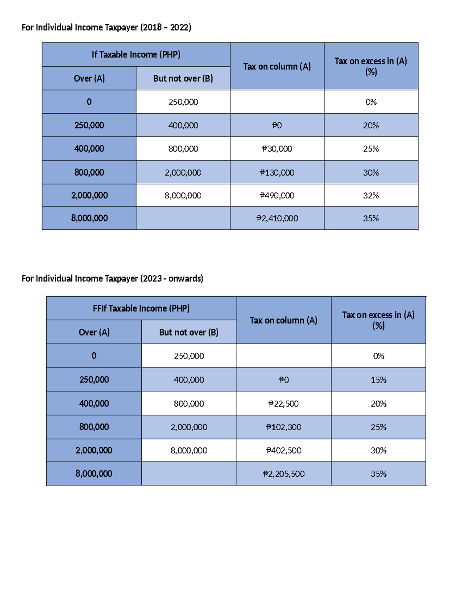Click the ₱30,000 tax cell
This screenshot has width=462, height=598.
click(x=277, y=149)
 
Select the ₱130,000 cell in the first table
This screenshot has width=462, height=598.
click(x=277, y=173)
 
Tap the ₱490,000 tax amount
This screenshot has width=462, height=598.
click(x=277, y=196)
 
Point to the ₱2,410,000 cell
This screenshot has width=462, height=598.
click(x=277, y=218)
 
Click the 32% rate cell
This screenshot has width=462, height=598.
click(x=371, y=196)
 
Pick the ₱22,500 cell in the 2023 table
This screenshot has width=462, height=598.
click(x=283, y=404)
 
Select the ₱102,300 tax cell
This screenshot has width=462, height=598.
click(x=283, y=427)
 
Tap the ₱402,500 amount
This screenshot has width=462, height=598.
click(x=283, y=451)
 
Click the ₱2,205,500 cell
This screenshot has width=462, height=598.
click(x=283, y=474)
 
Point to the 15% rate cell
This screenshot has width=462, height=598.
click(x=378, y=380)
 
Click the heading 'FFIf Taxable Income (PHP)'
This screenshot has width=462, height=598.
click(x=141, y=308)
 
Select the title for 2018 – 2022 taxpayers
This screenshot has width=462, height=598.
click(x=106, y=27)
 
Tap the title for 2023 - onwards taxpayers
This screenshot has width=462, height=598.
click(x=112, y=278)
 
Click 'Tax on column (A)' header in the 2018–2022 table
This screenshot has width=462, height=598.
click(x=277, y=67)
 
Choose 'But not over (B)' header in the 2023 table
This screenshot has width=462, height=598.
click(x=189, y=332)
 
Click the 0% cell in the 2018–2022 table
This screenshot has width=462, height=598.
click(x=371, y=102)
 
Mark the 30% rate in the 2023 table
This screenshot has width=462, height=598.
click(x=378, y=451)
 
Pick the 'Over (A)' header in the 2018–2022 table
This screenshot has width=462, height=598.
click(x=89, y=79)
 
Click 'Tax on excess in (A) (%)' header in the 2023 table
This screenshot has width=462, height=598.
click(x=378, y=320)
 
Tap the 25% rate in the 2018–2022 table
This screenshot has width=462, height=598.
click(x=371, y=149)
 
